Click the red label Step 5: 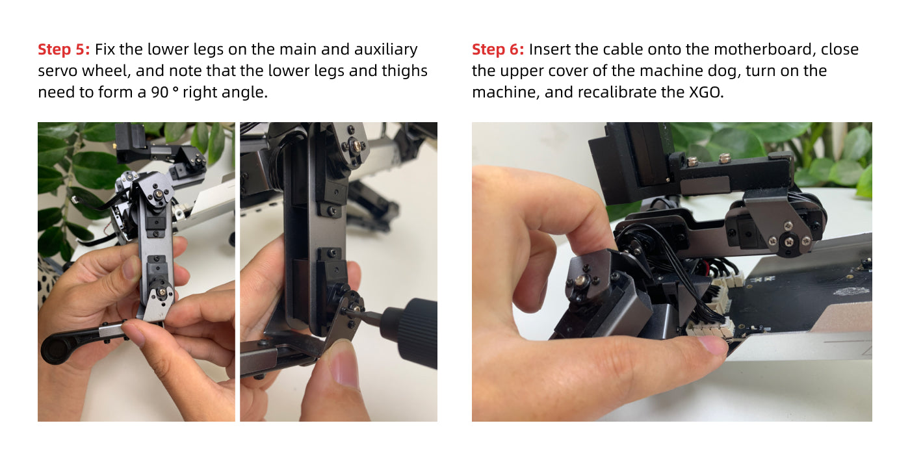[64, 49]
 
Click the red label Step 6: [498, 49]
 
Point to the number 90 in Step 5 [160, 92]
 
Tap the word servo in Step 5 [57, 71]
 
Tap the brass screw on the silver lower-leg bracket [162, 292]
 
